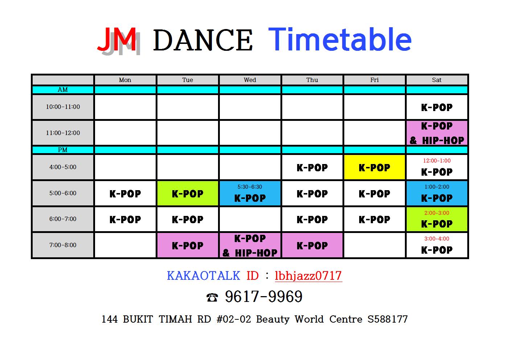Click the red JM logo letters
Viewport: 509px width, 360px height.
click(x=117, y=39)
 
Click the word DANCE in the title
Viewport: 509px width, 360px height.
click(x=203, y=40)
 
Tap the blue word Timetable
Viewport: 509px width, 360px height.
click(x=340, y=39)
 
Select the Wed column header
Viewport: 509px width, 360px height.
click(x=250, y=80)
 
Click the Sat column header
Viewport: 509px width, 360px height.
click(x=436, y=80)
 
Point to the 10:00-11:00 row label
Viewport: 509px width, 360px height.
click(x=63, y=107)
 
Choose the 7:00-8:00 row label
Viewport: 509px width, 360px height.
click(x=63, y=245)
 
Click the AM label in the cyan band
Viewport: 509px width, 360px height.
click(x=63, y=90)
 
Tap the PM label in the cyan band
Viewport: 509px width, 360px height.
click(x=63, y=150)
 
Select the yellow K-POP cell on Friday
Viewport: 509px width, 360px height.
click(x=374, y=167)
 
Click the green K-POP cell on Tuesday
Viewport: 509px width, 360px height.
click(x=188, y=193)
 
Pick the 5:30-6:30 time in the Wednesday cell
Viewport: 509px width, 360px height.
click(x=250, y=187)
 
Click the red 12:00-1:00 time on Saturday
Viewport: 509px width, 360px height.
click(x=437, y=161)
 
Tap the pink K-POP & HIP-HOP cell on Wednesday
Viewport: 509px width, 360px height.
click(x=250, y=245)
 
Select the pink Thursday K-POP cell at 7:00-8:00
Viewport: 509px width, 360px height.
click(x=312, y=245)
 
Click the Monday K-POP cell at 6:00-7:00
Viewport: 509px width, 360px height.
click(x=125, y=219)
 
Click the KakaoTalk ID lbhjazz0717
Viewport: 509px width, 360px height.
click(x=308, y=276)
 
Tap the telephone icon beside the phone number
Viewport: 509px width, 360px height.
click(x=212, y=297)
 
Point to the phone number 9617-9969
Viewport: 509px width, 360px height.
click(x=264, y=296)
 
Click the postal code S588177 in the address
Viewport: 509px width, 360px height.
click(x=387, y=319)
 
